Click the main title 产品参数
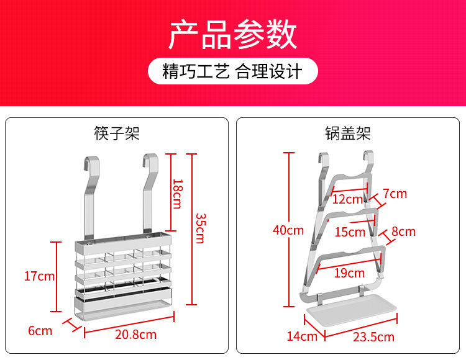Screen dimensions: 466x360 (233, 34)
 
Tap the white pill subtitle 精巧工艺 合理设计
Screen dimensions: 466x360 (233, 71)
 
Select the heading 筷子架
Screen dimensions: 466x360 (117, 133)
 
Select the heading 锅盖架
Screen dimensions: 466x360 (348, 133)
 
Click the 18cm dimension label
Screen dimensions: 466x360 (178, 194)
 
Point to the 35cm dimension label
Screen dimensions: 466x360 (200, 228)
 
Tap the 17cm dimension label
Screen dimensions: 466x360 (39, 276)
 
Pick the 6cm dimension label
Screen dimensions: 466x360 (40, 331)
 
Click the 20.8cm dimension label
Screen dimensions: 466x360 (135, 335)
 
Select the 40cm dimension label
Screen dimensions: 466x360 (288, 230)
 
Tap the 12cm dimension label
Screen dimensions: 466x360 (347, 199)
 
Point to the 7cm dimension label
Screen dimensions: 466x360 (395, 194)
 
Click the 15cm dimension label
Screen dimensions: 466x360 (350, 232)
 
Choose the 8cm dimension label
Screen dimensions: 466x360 (403, 232)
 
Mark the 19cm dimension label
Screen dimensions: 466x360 (349, 272)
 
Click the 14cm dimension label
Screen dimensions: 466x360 (302, 336)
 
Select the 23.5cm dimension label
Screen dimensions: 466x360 (373, 337)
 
